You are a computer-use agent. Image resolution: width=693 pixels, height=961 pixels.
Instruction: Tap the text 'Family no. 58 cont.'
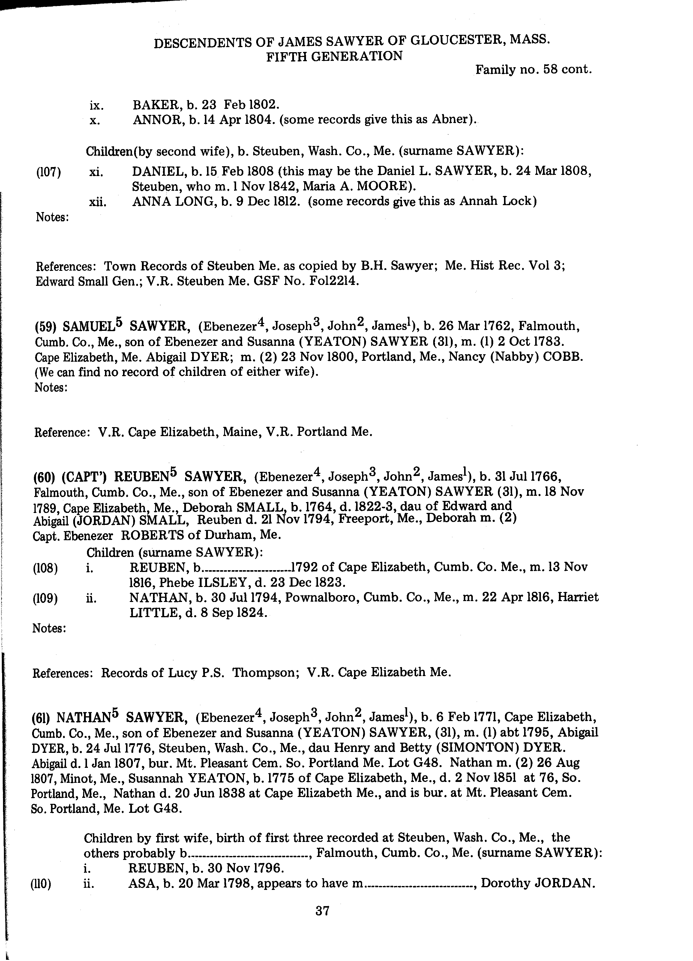tap(533, 69)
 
